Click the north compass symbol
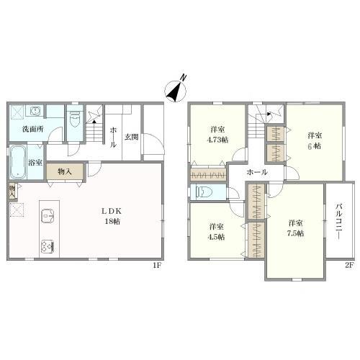pyautogui.click(x=176, y=91)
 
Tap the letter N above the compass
pyautogui.click(x=184, y=77)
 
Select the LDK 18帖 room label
pyautogui.click(x=112, y=216)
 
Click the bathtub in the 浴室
pyautogui.click(x=18, y=161)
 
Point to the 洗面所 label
pyautogui.click(x=33, y=129)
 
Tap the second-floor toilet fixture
pyautogui.click(x=204, y=192)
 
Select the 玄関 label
pyautogui.click(x=131, y=137)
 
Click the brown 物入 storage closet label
pyautogui.click(x=65, y=171)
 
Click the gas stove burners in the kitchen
pyautogui.click(x=48, y=246)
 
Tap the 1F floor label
pyautogui.click(x=157, y=266)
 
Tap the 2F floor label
pyautogui.click(x=349, y=266)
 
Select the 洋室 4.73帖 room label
pyautogui.click(x=217, y=135)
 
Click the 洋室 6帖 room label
pyautogui.click(x=315, y=141)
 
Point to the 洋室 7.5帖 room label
pyautogui.click(x=295, y=228)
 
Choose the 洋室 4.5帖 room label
pyautogui.click(x=216, y=232)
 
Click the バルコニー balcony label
pyautogui.click(x=339, y=221)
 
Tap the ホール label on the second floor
pyautogui.click(x=257, y=172)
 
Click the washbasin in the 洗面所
pyautogui.click(x=36, y=111)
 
